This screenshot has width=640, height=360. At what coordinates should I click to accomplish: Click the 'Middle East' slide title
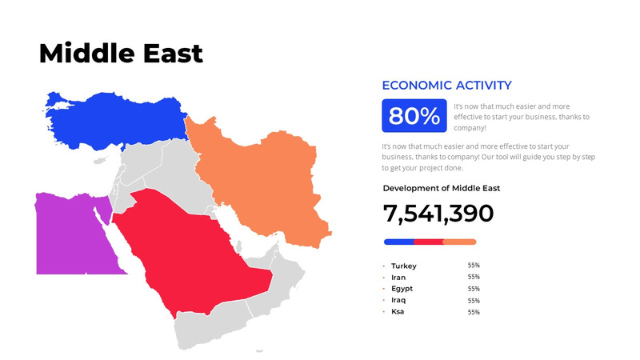click(x=121, y=54)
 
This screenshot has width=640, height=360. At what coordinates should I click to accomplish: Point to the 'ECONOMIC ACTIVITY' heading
click(x=446, y=85)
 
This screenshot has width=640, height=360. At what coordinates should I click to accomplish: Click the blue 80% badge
click(x=414, y=116)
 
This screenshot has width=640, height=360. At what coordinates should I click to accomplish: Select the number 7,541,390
click(x=438, y=214)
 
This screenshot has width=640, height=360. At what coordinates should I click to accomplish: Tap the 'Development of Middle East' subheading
click(x=442, y=188)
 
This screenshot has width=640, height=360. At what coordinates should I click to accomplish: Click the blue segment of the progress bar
click(x=398, y=242)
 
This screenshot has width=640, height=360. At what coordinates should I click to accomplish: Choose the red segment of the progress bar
click(x=428, y=242)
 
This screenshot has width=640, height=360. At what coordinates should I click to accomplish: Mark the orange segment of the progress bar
click(x=459, y=242)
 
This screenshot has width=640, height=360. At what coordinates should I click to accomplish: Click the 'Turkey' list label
click(x=404, y=266)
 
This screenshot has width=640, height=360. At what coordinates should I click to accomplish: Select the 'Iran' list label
click(x=398, y=277)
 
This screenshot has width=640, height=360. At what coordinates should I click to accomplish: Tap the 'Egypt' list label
click(x=402, y=288)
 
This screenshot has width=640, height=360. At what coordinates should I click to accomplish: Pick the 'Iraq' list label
click(x=398, y=299)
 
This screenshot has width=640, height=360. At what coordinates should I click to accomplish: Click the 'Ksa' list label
click(x=398, y=310)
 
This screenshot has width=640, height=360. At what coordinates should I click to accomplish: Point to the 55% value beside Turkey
click(x=474, y=265)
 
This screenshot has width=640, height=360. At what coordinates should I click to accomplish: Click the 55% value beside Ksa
click(x=474, y=312)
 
